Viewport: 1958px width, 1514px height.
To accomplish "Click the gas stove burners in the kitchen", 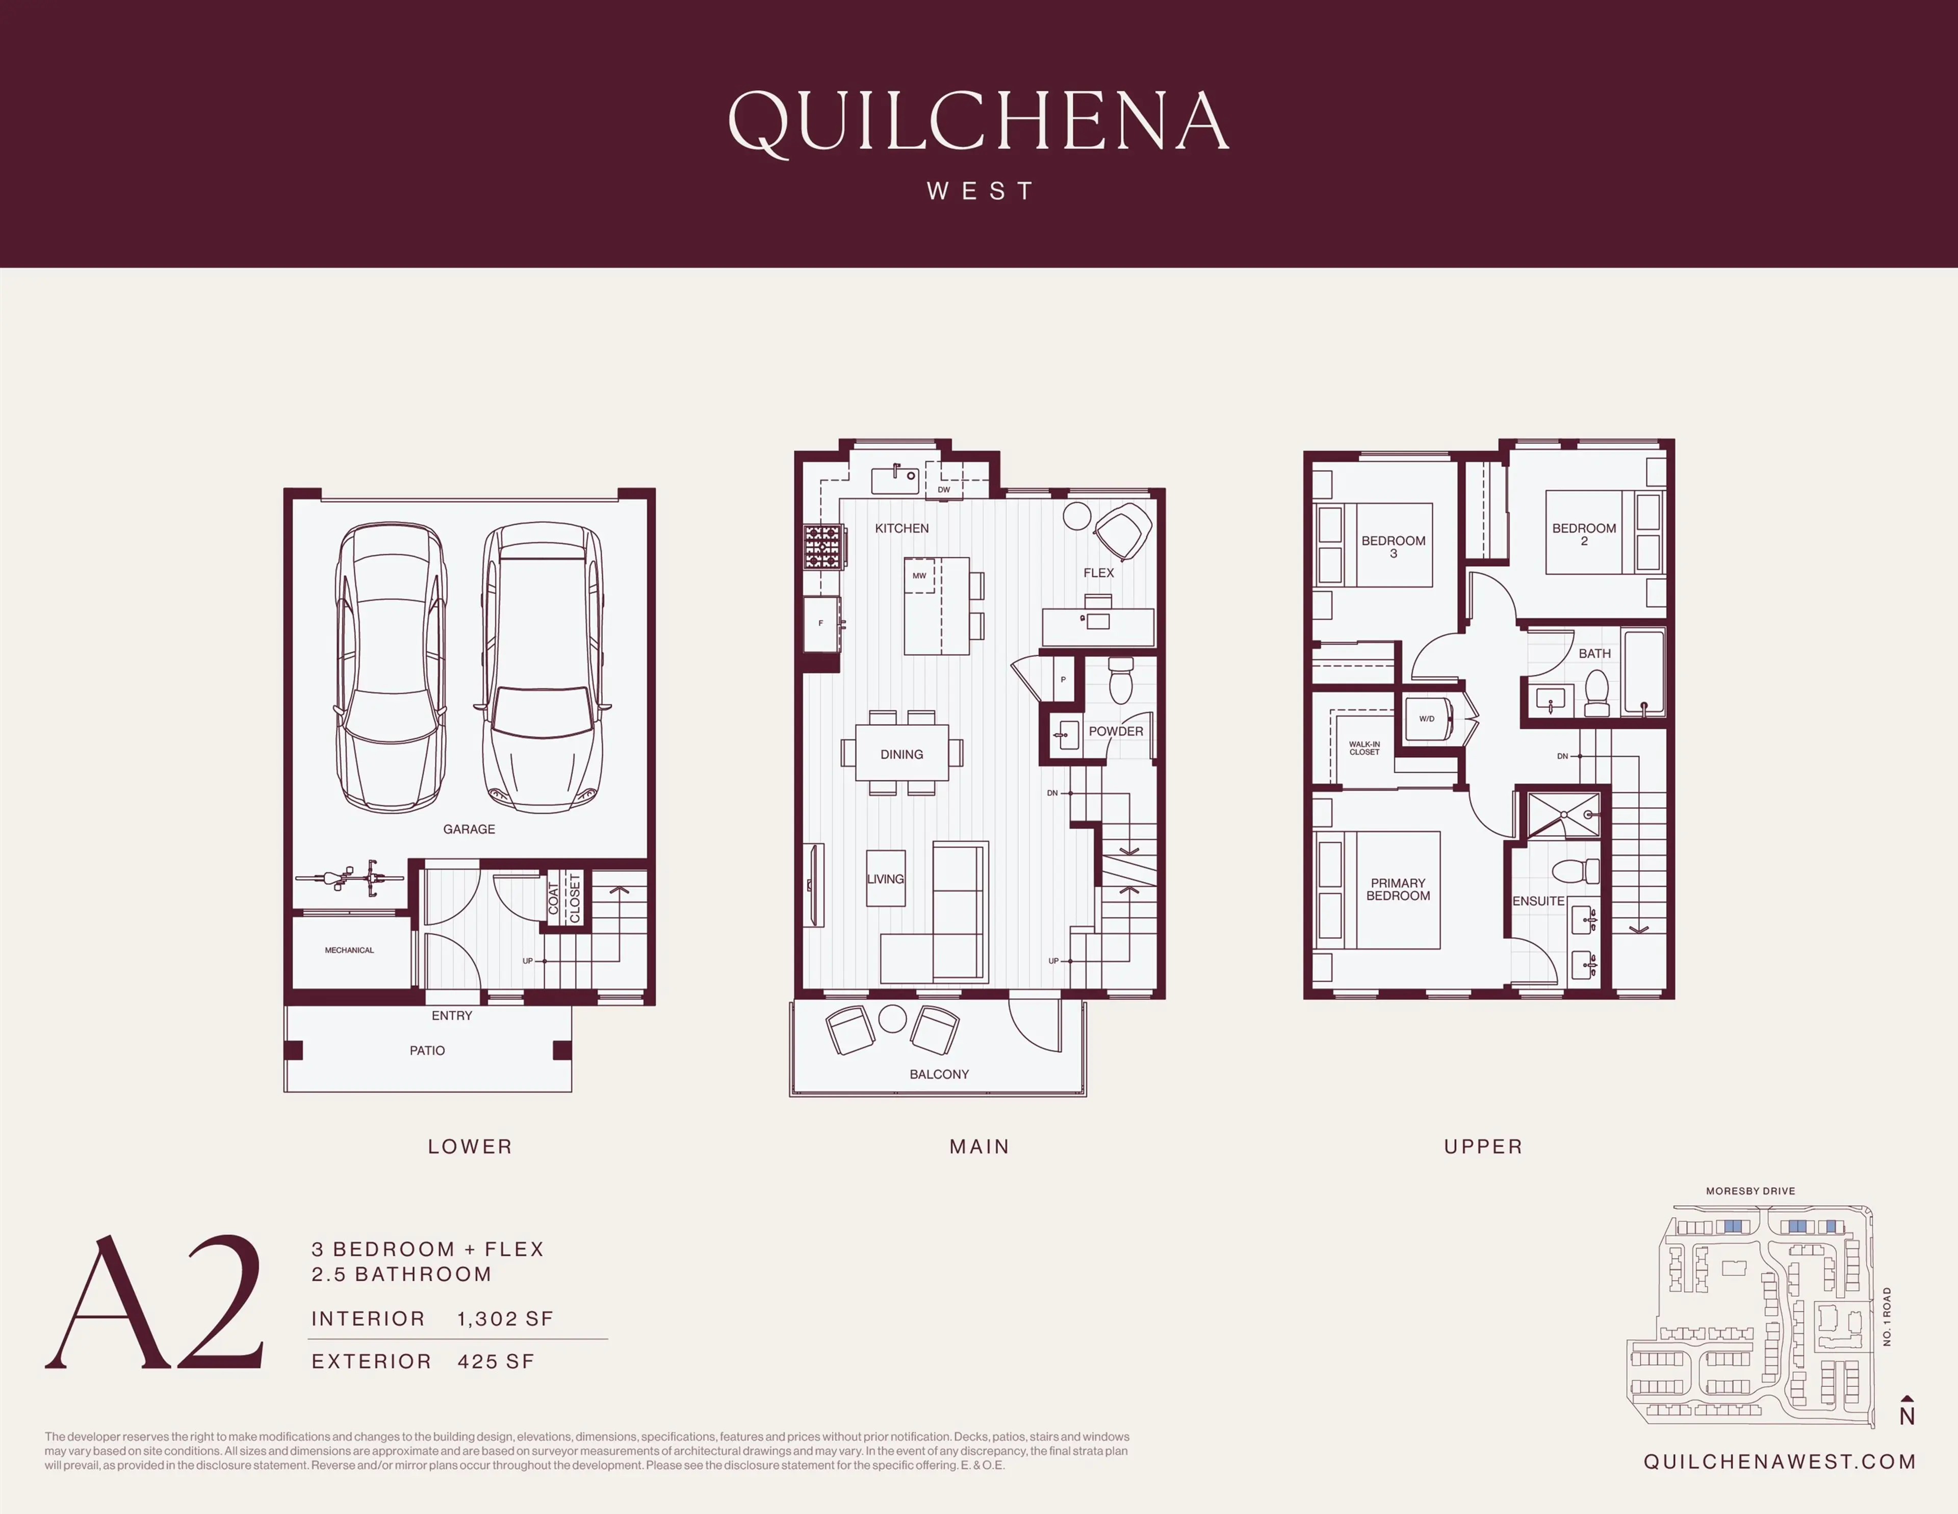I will [821, 547].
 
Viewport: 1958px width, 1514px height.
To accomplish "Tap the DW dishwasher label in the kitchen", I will [943, 490].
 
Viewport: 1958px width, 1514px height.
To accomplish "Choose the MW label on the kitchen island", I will [919, 576].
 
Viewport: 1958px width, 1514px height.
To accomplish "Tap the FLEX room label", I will [1098, 573].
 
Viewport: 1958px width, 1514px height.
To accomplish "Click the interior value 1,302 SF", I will [505, 1319].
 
